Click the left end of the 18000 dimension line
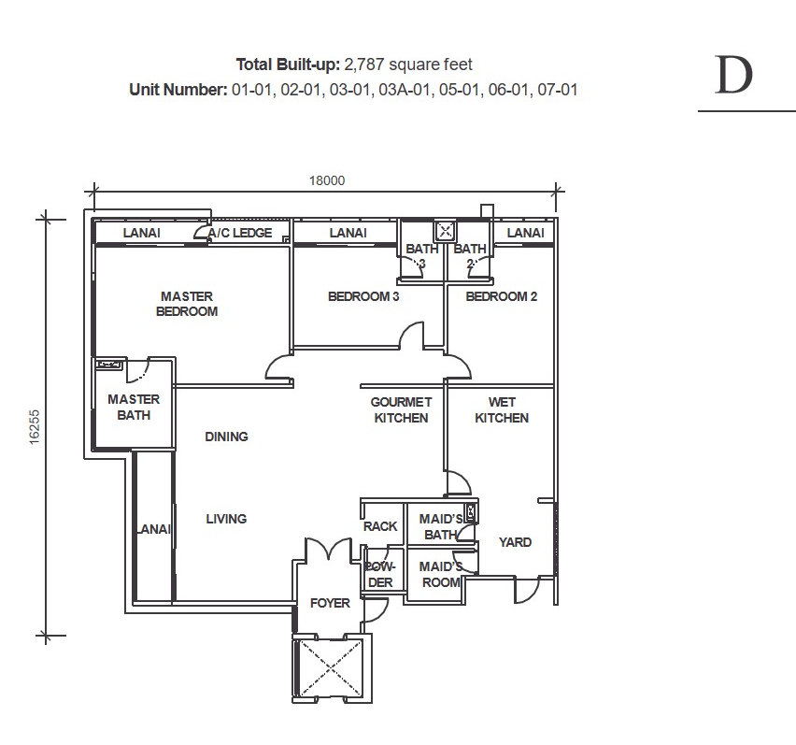coord(92,192)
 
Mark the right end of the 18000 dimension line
coord(557,192)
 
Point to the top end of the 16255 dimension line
coord(46,220)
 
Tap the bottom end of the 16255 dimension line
coord(46,635)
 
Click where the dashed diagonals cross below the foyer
coord(330,667)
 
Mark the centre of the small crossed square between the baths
coord(446,232)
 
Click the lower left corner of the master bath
coord(95,449)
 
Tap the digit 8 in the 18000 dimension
coord(318,180)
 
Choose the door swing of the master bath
coord(137,370)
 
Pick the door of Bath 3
coord(412,266)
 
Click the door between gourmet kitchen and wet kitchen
coord(459,483)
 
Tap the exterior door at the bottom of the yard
coord(527,590)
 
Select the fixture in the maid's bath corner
coord(471,512)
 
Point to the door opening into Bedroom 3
coord(412,335)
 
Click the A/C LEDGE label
coord(240,233)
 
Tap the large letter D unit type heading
coord(733,75)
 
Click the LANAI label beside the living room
coord(154,529)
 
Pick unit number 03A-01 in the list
coord(405,90)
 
